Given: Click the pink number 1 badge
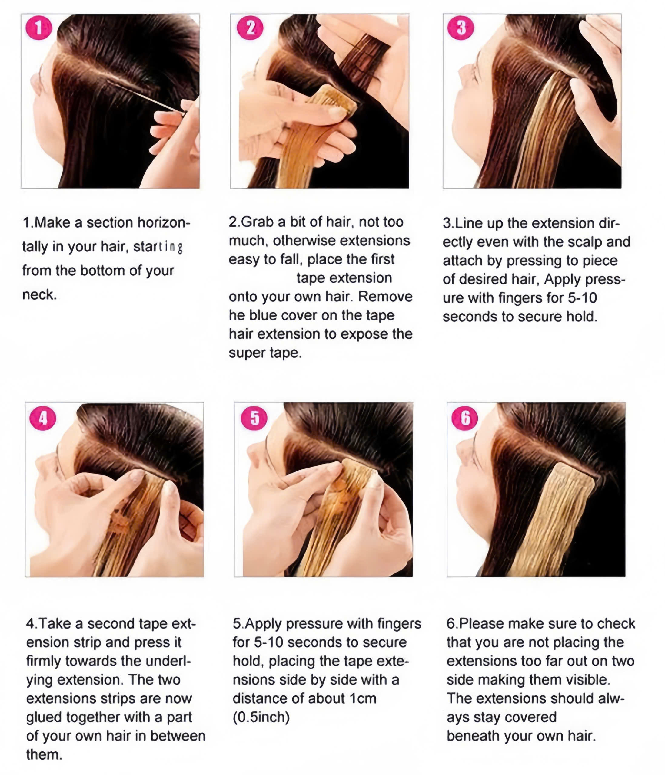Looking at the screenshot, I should [x=38, y=28].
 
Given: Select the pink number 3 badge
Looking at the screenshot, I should [x=461, y=28].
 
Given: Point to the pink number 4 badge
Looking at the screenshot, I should [x=43, y=418].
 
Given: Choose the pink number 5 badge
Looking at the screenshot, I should [x=254, y=418].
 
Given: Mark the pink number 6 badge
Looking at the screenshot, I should [x=465, y=418].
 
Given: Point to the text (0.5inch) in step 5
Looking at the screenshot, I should [x=261, y=717].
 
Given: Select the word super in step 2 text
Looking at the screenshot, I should [x=246, y=352].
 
